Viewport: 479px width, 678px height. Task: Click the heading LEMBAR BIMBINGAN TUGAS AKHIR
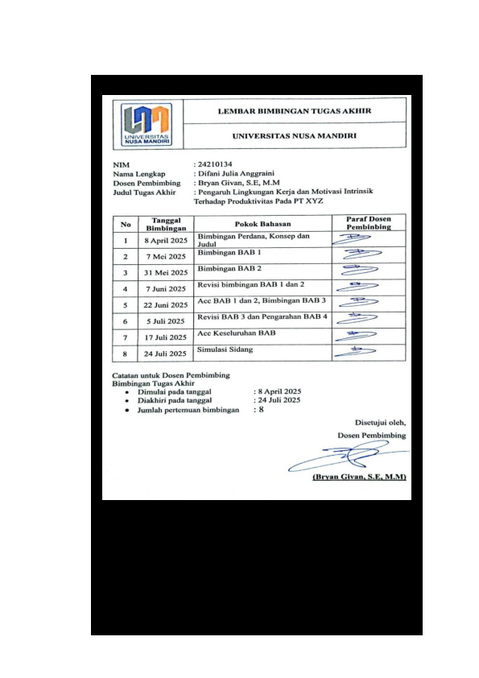tap(295, 111)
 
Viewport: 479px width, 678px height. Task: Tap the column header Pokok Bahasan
tap(262, 223)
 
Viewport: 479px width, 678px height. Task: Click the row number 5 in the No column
tap(125, 305)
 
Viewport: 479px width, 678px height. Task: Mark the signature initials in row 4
tap(357, 286)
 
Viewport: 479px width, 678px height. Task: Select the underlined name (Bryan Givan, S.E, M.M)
tap(358, 477)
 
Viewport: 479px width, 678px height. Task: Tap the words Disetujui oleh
tap(380, 421)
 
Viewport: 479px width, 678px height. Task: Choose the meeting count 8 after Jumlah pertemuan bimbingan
tap(261, 410)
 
